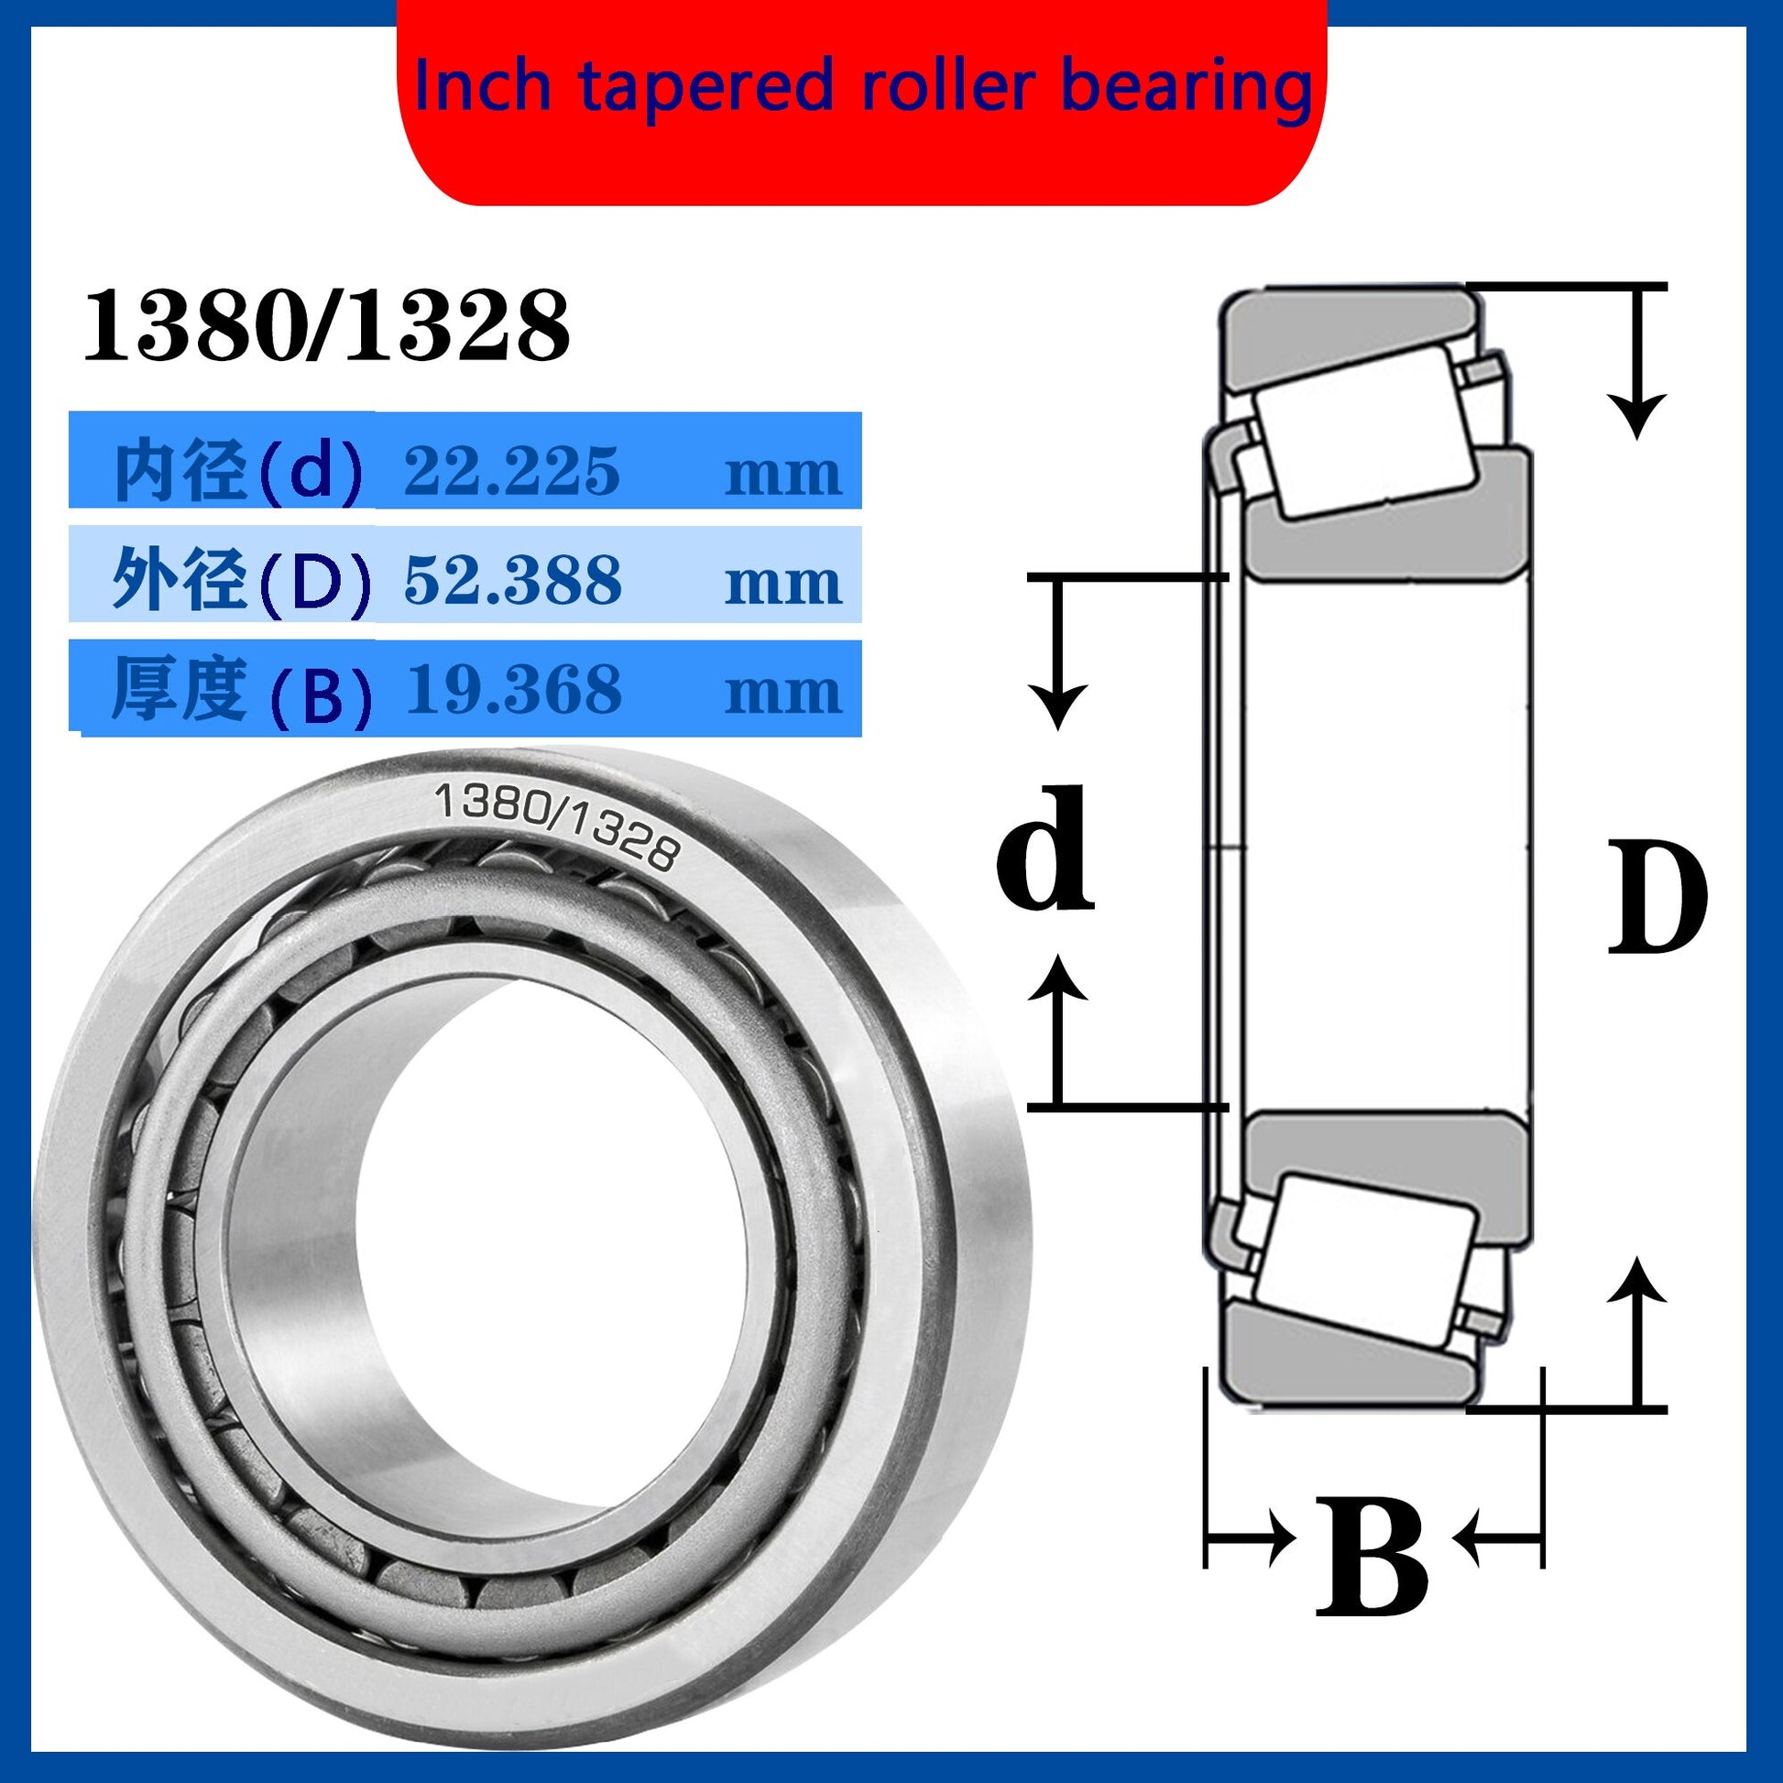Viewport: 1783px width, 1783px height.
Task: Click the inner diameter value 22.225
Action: point(511,471)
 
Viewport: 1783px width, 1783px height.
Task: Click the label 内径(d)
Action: point(238,472)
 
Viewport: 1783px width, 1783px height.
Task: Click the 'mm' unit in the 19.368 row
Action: point(782,693)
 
